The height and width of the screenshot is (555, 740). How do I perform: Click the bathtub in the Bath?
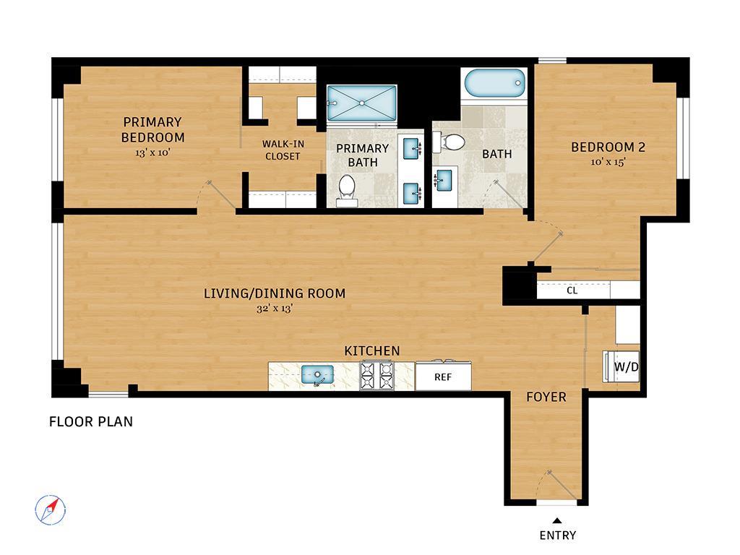click(494, 84)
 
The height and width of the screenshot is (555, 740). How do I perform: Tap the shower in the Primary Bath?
click(362, 103)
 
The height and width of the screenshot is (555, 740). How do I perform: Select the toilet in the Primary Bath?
click(347, 191)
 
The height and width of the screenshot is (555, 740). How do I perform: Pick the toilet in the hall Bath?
click(449, 142)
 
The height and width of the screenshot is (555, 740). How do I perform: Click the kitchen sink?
click(318, 375)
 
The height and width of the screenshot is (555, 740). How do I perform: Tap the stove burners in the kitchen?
click(377, 376)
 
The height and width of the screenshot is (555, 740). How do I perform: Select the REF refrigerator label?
click(443, 377)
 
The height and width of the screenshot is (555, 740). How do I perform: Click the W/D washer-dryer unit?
click(621, 366)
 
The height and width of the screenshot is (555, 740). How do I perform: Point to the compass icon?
click(51, 510)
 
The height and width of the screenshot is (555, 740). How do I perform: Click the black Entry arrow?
click(557, 521)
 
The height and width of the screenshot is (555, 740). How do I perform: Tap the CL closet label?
click(572, 291)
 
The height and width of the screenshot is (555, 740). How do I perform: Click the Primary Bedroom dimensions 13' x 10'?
click(152, 153)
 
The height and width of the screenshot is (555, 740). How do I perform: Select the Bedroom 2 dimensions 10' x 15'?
click(608, 162)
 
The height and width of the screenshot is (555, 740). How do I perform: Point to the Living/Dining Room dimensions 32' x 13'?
click(275, 309)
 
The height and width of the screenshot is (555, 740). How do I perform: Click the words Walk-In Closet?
click(283, 150)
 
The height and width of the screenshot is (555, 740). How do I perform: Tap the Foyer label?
click(546, 397)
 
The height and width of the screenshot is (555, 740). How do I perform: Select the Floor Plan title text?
click(91, 421)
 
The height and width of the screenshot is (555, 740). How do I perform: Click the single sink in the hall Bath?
click(443, 180)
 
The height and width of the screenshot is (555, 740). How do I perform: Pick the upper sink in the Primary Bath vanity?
click(412, 147)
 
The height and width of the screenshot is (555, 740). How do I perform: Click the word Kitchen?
click(372, 351)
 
